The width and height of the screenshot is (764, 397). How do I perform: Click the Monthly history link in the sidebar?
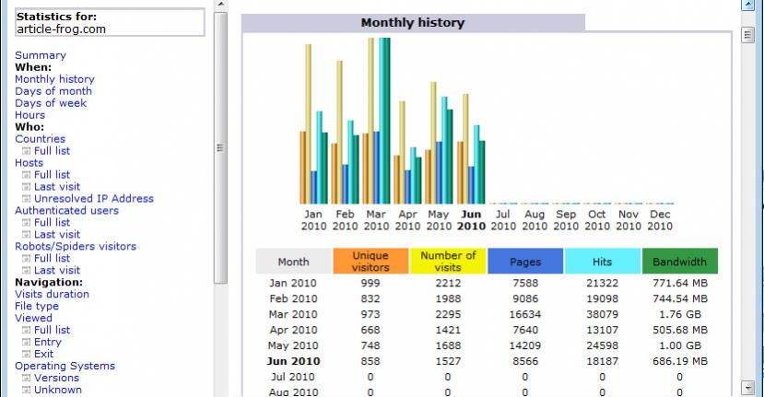coord(54,79)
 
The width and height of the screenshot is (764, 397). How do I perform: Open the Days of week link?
coord(51,103)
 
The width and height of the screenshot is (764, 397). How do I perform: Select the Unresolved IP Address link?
coord(94,199)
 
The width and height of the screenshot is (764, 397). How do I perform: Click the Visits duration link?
coord(52,295)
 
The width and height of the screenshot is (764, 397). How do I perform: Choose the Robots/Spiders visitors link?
coord(76,247)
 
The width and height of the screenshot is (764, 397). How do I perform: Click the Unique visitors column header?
coord(370,262)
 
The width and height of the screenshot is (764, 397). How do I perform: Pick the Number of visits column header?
coord(448,262)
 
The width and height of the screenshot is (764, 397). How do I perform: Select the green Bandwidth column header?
coord(679,262)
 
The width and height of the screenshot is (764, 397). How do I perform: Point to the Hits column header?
coord(602,262)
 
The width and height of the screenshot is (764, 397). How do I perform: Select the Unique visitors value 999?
coord(370,283)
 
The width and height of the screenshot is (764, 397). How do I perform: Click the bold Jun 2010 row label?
coord(294,361)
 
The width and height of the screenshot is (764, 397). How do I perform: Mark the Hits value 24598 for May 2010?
coord(602,345)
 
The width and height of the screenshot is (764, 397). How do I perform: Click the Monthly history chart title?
coord(413,23)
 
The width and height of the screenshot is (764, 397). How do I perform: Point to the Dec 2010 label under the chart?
coord(660,220)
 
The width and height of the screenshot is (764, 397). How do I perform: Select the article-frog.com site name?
coord(61,29)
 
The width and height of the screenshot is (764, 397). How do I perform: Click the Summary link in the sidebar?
coord(41,55)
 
